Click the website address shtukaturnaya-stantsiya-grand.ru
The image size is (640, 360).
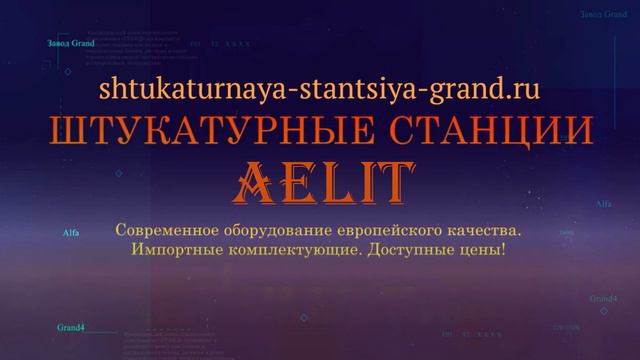point(320,89)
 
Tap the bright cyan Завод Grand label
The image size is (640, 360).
point(70,44)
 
